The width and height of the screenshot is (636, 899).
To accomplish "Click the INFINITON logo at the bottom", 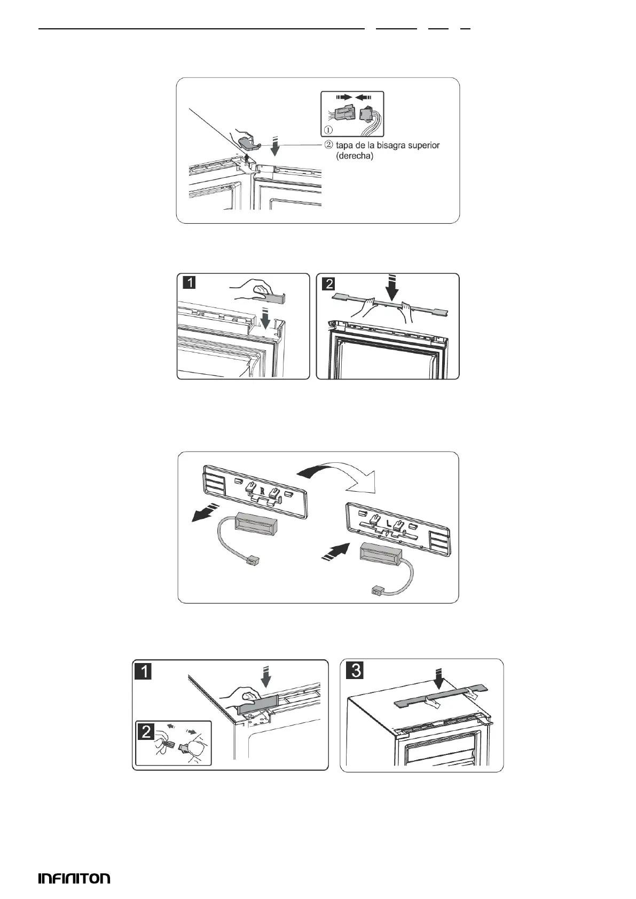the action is click(x=74, y=879).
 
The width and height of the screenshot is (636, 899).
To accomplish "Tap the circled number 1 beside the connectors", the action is click(x=327, y=129).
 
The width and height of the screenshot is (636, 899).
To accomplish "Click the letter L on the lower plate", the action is click(x=389, y=532).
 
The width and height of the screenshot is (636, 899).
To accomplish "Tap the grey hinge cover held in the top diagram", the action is click(x=248, y=142).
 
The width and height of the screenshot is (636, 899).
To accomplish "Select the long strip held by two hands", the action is click(x=389, y=303).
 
